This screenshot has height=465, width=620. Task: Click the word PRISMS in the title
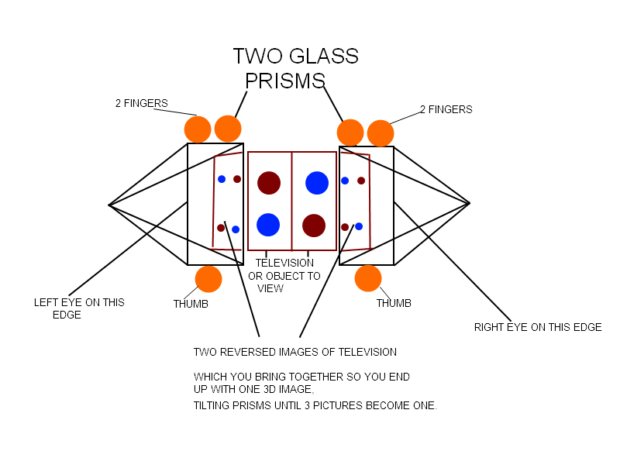point(284,81)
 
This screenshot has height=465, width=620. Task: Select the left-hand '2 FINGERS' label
point(142,103)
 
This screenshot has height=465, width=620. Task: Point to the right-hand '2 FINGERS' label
point(446,109)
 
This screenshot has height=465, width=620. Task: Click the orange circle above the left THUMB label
point(208,279)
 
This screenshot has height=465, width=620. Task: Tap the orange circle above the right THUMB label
point(368,278)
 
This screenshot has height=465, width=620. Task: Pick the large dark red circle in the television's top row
point(269,183)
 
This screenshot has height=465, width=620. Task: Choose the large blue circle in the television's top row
point(317,183)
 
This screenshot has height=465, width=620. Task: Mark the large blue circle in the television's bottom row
point(268,225)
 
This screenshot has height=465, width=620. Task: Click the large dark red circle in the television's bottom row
point(313,226)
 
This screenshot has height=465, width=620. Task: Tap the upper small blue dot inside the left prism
point(222,179)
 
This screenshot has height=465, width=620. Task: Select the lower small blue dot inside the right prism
point(359,226)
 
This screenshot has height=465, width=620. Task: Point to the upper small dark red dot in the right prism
point(361,181)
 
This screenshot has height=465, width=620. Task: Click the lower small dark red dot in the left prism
point(221,228)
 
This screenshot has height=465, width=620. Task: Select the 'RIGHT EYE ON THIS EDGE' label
point(538,327)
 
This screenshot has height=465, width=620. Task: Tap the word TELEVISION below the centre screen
point(284,263)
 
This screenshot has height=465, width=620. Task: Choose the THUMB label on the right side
point(394,303)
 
